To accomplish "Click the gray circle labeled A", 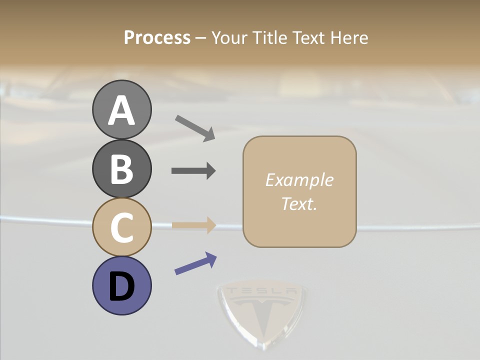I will (x=121, y=109).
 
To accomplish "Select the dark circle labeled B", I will (x=121, y=168).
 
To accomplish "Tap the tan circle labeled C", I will (x=121, y=227).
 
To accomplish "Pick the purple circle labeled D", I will (x=121, y=285).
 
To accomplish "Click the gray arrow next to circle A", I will (x=195, y=127).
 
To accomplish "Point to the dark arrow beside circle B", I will (x=193, y=171).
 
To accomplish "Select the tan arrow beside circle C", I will (x=193, y=225).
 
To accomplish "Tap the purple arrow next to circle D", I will (x=195, y=263).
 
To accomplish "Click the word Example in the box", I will (x=299, y=180).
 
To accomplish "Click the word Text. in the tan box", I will (x=299, y=203).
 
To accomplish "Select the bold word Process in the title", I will (x=157, y=37).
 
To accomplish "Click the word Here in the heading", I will (x=350, y=37).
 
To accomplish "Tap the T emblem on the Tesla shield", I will (x=261, y=315).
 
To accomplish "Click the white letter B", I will (x=121, y=168).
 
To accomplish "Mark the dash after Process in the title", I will (x=200, y=38).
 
